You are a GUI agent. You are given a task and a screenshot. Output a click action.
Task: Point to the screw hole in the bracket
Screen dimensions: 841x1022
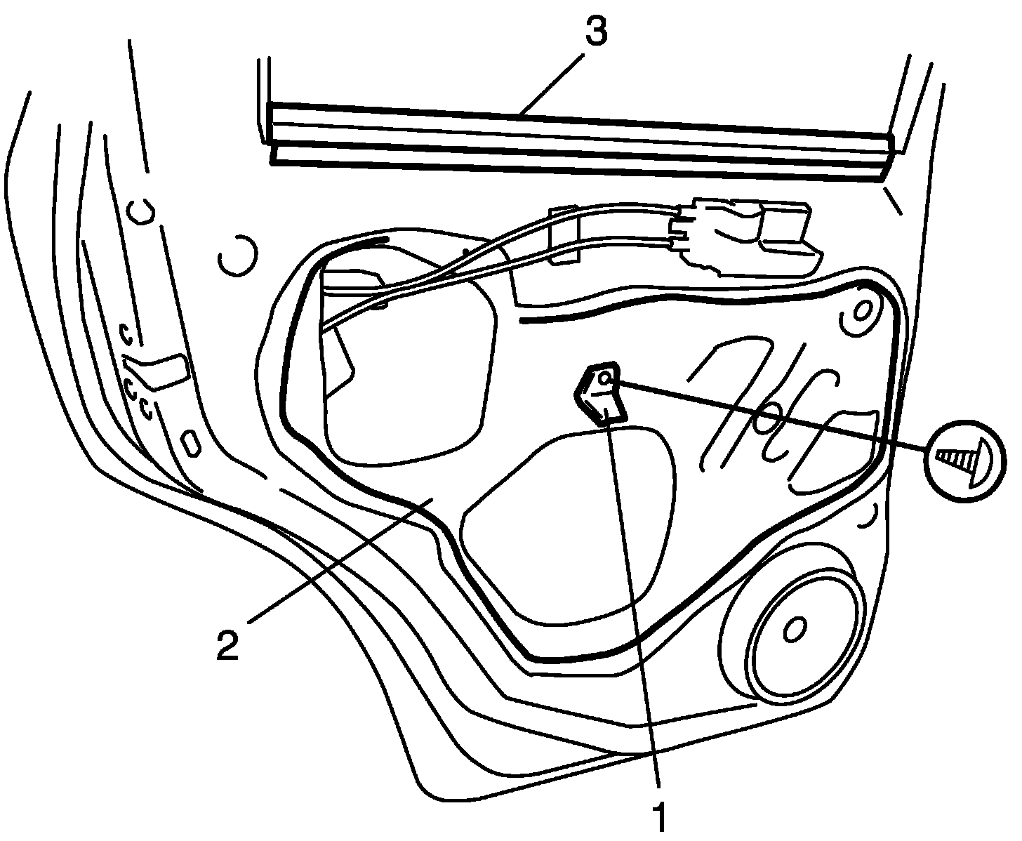pos(606,380)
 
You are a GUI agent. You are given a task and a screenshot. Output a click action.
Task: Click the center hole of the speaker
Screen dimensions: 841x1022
pos(794,630)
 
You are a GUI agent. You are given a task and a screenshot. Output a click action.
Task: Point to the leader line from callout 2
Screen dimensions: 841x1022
pos(337,562)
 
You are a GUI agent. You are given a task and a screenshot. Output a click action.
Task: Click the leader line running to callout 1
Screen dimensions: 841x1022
pos(635,597)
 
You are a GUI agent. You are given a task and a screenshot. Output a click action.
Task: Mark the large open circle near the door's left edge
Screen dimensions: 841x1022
pos(237,257)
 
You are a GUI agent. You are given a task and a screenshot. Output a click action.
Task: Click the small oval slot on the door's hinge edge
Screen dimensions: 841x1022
pos(190,444)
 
